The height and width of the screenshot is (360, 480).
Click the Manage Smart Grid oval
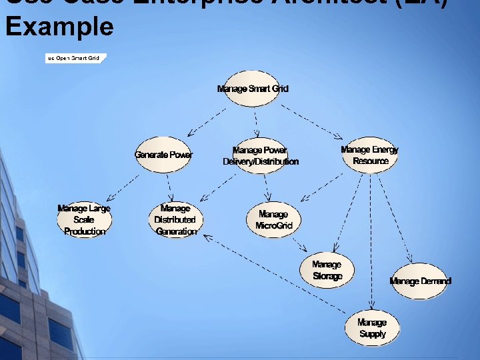point(253,89)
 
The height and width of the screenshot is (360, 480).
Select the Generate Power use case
point(163,155)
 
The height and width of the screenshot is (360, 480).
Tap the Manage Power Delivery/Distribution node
point(261,156)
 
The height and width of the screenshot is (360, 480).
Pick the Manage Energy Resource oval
point(369,155)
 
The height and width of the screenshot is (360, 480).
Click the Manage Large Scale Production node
point(84,220)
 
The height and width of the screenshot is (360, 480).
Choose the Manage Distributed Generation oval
point(175,220)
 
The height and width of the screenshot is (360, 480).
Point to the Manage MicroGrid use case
point(273,220)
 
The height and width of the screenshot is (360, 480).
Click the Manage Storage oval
point(327,270)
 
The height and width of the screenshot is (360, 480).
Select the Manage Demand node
point(420,281)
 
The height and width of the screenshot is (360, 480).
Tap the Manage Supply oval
point(372,328)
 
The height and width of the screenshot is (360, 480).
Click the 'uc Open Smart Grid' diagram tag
point(73,58)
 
